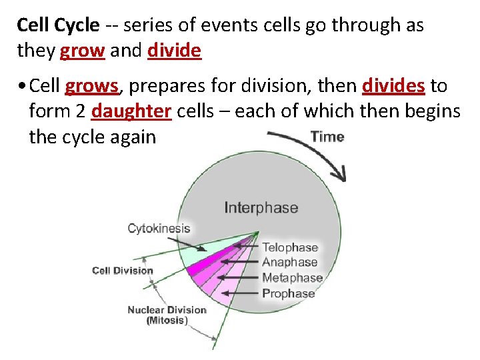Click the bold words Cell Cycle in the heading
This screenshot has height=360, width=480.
58,26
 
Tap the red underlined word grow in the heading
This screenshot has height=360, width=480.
82,51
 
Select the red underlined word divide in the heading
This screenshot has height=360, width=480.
174,51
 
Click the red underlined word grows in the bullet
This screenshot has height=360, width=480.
92,86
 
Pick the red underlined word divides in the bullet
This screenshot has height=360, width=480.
393,86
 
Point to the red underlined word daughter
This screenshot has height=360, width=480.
131,111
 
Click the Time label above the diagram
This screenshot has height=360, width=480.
327,137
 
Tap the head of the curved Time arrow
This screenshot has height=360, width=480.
341,175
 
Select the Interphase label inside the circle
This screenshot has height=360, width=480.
261,207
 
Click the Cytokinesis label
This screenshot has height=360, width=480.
159,229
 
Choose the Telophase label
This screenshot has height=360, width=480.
289,247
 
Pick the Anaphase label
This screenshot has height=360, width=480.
289,263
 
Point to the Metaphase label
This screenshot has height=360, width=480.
292,278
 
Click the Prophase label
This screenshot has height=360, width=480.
288,293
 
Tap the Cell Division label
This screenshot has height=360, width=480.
122,271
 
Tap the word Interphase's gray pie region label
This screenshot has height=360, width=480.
261,207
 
